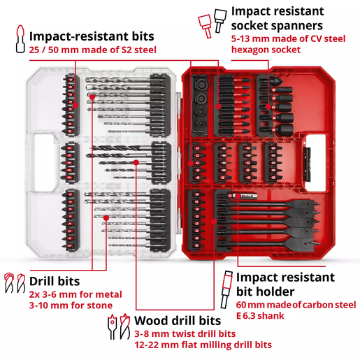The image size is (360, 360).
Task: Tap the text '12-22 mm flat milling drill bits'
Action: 193,345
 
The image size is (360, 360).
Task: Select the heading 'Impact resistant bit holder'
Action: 294,284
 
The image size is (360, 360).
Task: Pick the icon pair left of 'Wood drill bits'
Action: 117,326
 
